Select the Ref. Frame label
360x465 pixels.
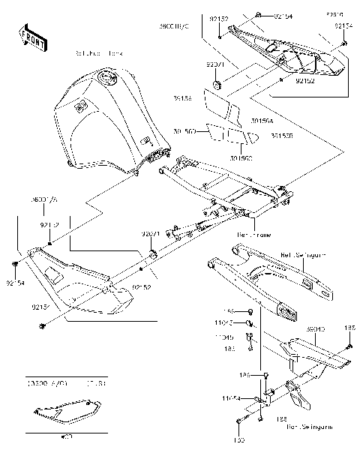pyautogui.click(x=253, y=235)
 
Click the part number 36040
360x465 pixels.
pyautogui.click(x=315, y=329)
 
